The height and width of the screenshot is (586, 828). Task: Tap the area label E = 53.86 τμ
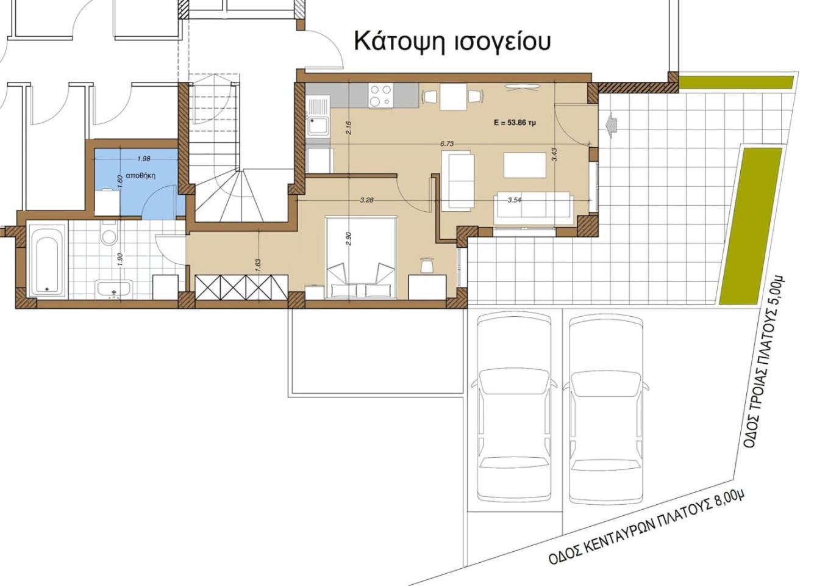(x=515, y=123)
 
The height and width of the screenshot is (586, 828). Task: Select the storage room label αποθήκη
(x=140, y=176)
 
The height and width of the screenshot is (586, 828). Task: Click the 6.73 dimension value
(x=447, y=143)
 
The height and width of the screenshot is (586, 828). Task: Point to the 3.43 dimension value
(x=554, y=154)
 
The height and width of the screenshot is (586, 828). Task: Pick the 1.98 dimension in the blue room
(x=143, y=159)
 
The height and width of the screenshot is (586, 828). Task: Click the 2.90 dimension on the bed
(x=349, y=239)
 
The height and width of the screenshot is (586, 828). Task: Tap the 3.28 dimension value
(x=366, y=200)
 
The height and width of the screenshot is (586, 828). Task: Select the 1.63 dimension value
(x=258, y=265)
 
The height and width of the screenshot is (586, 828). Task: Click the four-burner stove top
(x=380, y=95)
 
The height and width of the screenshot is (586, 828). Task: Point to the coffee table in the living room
(x=525, y=165)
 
